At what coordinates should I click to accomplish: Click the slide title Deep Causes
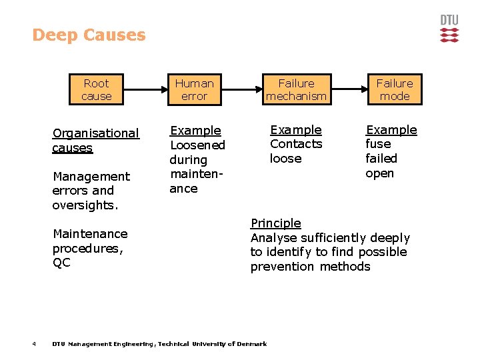point(89,35)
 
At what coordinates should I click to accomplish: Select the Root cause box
point(96,90)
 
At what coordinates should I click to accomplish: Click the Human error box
point(194,90)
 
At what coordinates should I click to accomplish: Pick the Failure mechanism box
point(296,90)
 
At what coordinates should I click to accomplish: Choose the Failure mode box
point(394,90)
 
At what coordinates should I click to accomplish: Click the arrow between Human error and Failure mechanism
point(241,89)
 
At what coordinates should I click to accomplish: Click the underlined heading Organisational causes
point(95,141)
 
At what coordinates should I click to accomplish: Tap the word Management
point(91,177)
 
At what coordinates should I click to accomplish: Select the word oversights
point(85,205)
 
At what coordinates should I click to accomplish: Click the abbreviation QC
point(61,263)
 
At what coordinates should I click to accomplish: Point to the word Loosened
point(198,145)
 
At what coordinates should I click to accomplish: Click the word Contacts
point(296,144)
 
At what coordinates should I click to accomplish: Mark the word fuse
point(379,144)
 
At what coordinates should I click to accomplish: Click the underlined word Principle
point(275,223)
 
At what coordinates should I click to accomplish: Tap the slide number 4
point(33,344)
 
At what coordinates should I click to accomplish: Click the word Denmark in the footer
point(253,344)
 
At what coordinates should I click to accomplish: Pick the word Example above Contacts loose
point(295,130)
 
